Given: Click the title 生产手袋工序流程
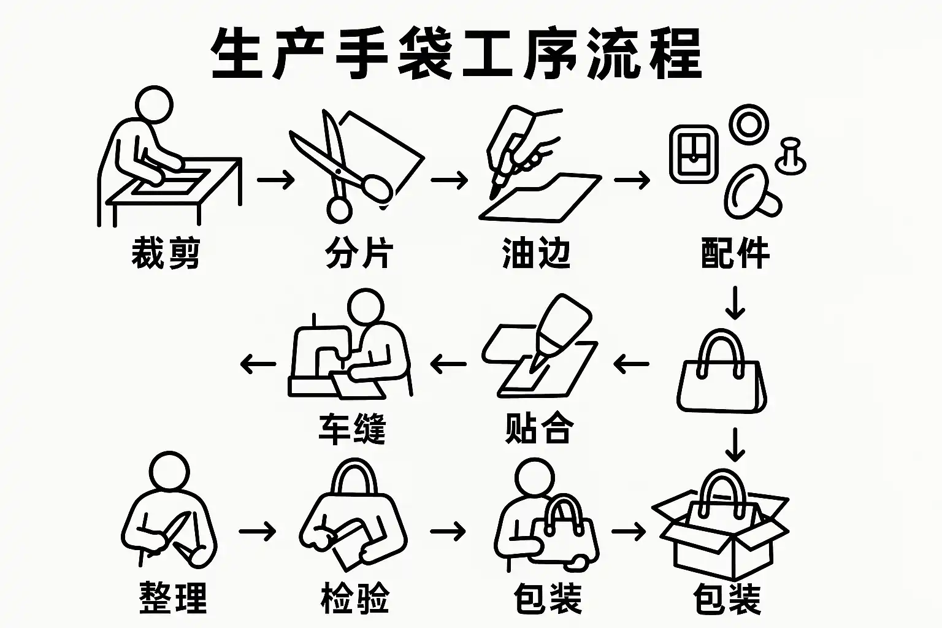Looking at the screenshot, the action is tap(456, 53).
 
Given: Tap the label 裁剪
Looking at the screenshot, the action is tap(166, 253).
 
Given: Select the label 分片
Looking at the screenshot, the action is tap(359, 253).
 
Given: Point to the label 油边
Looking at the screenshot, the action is tap(536, 253).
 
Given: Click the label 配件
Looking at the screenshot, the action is tap(735, 253).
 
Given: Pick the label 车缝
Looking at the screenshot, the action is tap(352, 429).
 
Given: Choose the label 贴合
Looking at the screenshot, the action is tap(539, 428).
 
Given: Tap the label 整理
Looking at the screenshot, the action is tap(173, 598).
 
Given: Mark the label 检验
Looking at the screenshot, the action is tap(354, 598).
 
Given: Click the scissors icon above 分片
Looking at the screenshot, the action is tap(342, 166).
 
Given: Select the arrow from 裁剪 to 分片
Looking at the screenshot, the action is tap(275, 180).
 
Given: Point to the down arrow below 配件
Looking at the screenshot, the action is tap(735, 303).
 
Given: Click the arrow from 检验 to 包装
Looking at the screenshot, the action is tap(448, 532).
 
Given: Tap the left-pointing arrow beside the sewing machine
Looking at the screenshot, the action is tap(258, 364).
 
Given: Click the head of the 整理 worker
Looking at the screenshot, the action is tap(169, 470).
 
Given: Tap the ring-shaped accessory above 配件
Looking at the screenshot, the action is tap(749, 124).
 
